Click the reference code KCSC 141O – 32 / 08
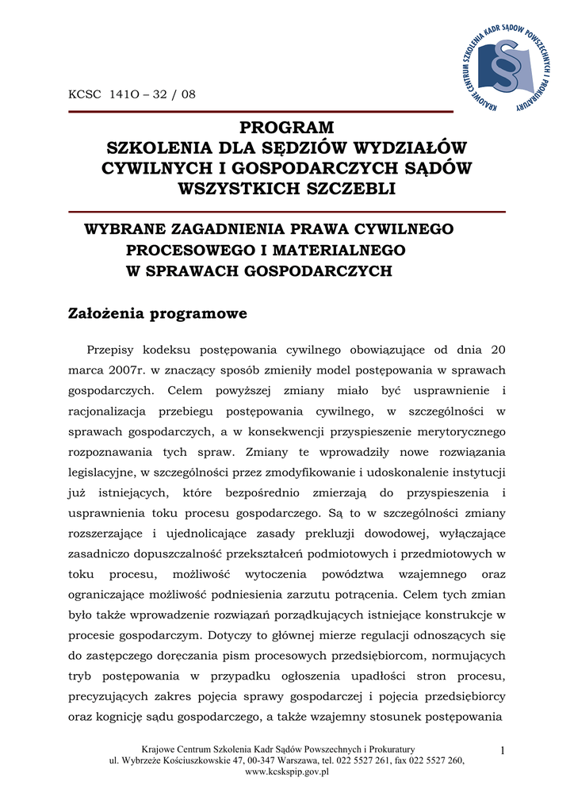132,94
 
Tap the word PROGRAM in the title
287,128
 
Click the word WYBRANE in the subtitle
122,229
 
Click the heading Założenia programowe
159,313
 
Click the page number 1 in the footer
503,750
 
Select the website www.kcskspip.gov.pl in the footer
287,771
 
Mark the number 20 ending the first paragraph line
497,349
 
